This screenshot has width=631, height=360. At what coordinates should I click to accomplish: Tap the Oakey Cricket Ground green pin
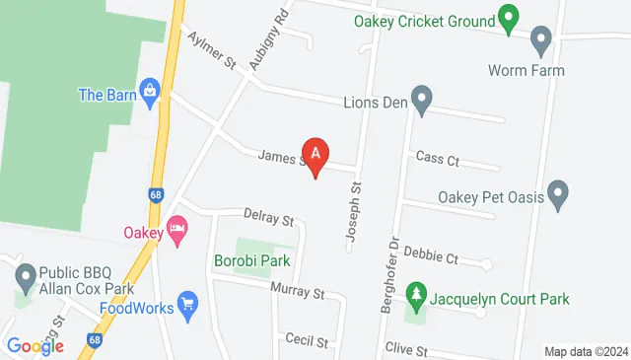pos(508,18)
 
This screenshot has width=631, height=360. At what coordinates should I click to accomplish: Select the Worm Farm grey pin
pos(540,42)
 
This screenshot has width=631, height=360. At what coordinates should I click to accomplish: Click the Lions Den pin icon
pos(422,99)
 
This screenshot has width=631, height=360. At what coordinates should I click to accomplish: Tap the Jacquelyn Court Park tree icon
pos(417,296)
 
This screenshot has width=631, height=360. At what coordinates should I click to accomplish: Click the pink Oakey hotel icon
pos(177,233)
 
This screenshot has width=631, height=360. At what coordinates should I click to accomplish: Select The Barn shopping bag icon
pos(150,95)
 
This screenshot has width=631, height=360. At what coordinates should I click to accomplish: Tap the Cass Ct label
pos(438,159)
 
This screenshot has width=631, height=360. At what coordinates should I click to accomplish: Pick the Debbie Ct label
pos(439,258)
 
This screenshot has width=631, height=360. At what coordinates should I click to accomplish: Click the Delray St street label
pos(269,217)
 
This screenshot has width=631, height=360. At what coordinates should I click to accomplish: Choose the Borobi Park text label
pos(252,262)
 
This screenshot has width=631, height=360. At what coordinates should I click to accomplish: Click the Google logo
pos(35,345)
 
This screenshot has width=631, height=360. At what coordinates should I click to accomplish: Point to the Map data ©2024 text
pos(586,351)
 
